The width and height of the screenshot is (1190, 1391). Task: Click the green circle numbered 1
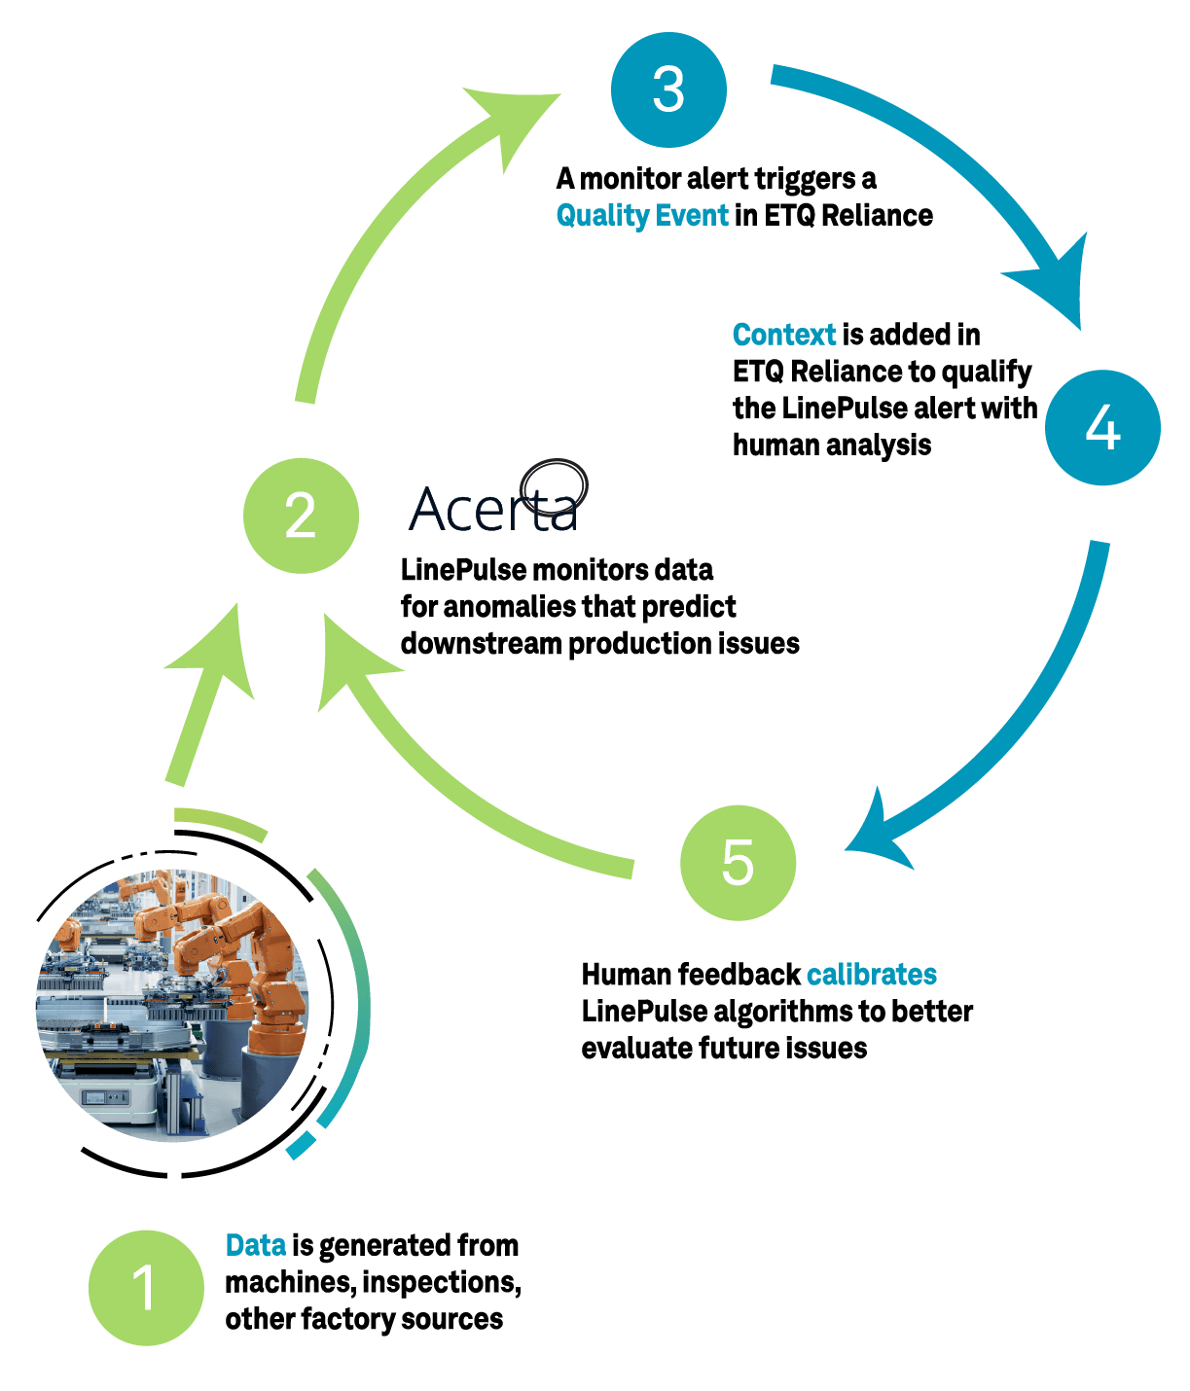(146, 1287)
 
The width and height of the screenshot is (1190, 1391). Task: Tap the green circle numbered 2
(301, 515)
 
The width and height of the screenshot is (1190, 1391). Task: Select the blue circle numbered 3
(668, 89)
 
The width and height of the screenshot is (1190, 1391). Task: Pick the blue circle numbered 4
(1102, 427)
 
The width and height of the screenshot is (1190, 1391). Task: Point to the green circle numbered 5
(738, 862)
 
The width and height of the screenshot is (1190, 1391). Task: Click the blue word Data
(255, 1245)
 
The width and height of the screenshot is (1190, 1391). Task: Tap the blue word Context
(784, 335)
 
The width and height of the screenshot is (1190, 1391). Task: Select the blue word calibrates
(872, 974)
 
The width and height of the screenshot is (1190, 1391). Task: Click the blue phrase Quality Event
(642, 215)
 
